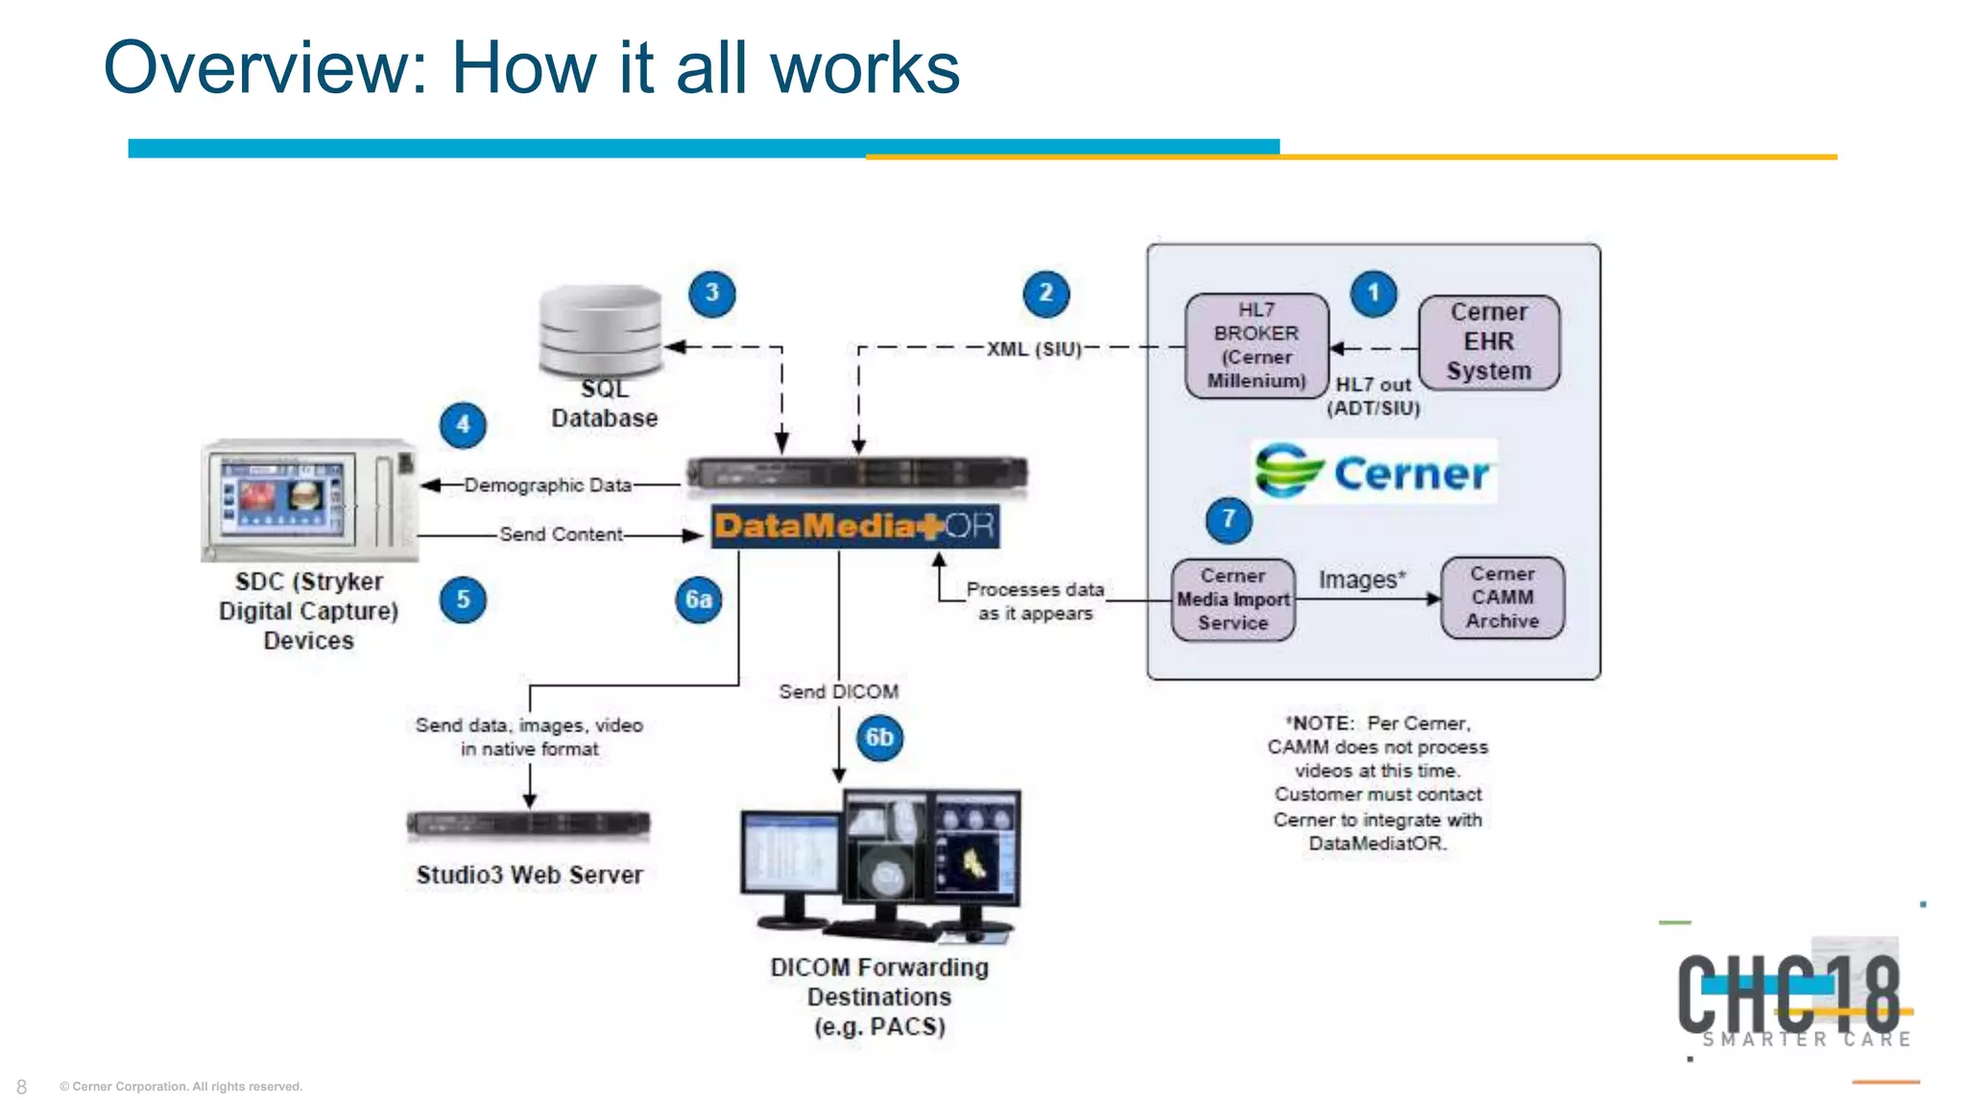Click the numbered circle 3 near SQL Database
[x=711, y=294]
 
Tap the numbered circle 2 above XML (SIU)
[x=1045, y=294]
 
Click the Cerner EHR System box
[x=1489, y=342]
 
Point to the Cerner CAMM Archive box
[x=1502, y=598]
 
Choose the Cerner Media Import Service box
[x=1234, y=600]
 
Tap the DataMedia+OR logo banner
[x=854, y=526]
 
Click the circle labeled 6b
[x=879, y=738]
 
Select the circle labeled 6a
[x=698, y=601]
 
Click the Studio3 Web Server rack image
[x=528, y=825]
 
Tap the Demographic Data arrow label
[x=548, y=486]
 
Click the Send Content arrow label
[x=561, y=535]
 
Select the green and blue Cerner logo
[x=1374, y=471]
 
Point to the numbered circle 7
[x=1228, y=519]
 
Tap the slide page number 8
[x=21, y=1087]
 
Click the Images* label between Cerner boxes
[x=1361, y=580]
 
